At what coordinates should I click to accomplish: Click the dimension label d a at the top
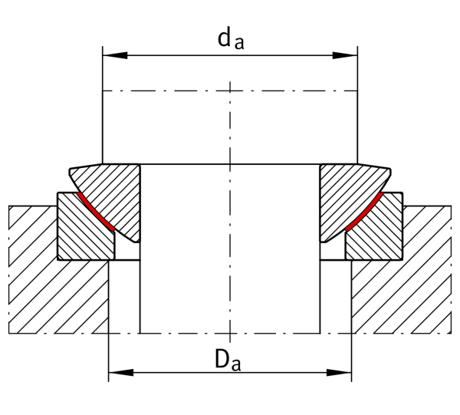pyautogui.click(x=231, y=39)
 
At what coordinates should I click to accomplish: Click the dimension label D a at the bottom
pyautogui.click(x=228, y=359)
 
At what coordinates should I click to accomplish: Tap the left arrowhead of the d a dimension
pyautogui.click(x=115, y=55)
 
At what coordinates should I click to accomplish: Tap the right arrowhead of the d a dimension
pyautogui.click(x=345, y=55)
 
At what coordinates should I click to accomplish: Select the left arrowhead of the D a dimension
pyautogui.click(x=121, y=373)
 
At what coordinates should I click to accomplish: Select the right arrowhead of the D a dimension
pyautogui.click(x=339, y=373)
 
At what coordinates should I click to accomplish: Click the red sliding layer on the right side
pyautogui.click(x=364, y=212)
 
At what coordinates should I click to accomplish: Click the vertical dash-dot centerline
pyautogui.click(x=230, y=211)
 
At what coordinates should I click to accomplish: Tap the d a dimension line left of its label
pyautogui.click(x=160, y=55)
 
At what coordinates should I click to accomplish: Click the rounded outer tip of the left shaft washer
pyautogui.click(x=70, y=171)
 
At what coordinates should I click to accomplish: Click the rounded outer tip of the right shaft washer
pyautogui.click(x=390, y=171)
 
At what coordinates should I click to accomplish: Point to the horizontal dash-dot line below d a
pyautogui.click(x=230, y=91)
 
